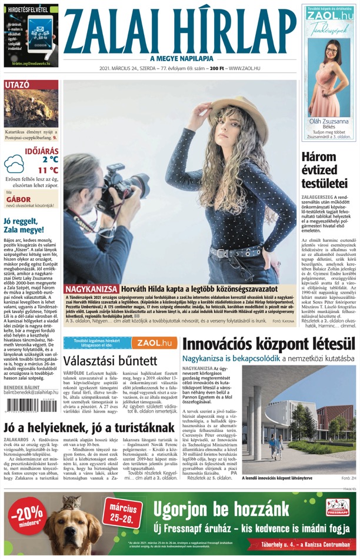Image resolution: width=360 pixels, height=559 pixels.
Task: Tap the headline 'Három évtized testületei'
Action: point(328,170)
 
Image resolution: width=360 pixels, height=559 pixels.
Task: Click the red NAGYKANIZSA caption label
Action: point(92,290)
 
